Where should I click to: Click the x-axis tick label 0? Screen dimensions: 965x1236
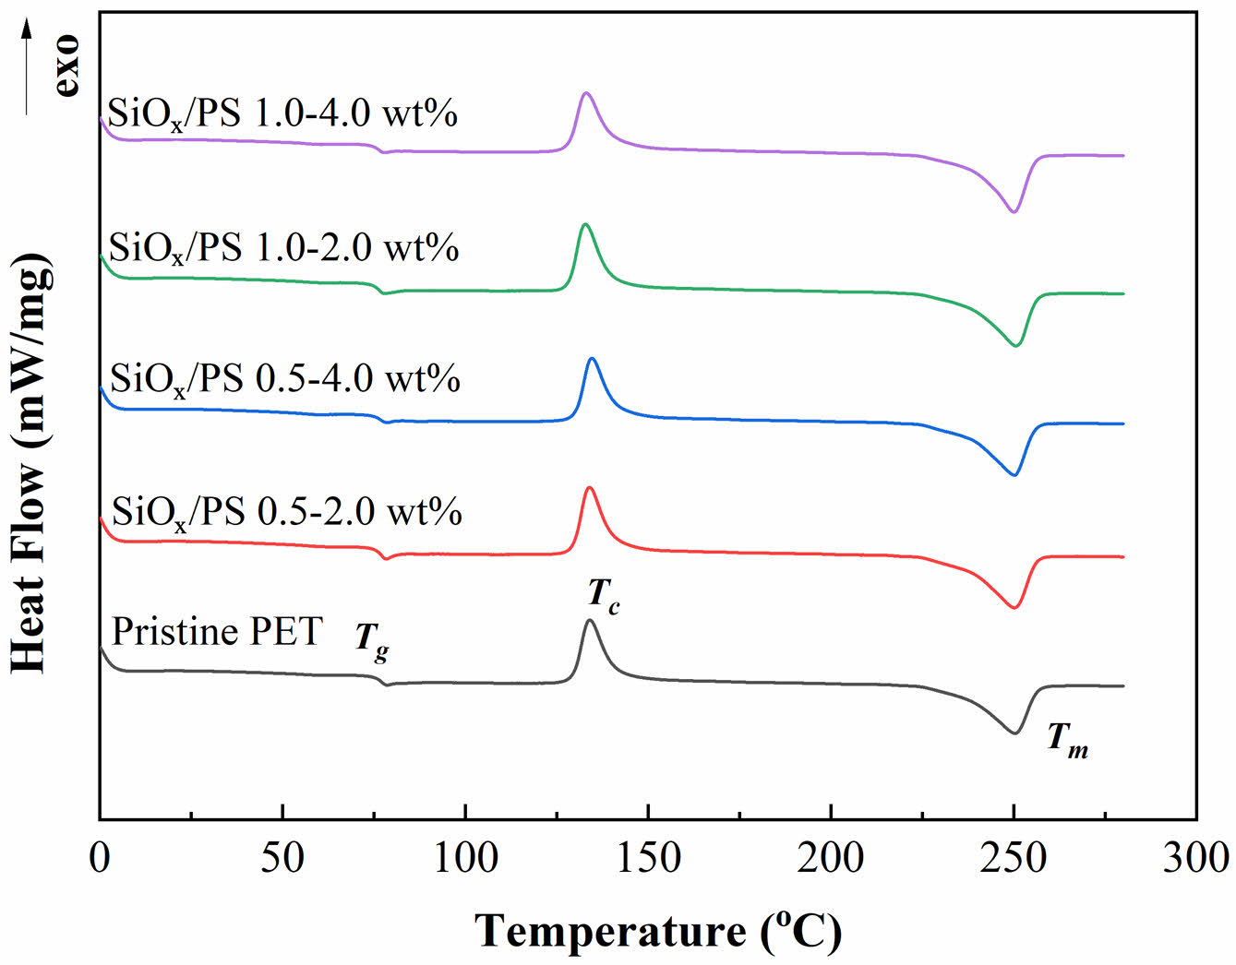(100, 858)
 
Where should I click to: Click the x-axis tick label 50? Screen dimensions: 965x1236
(282, 858)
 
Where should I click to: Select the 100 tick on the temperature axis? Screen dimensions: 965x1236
(465, 858)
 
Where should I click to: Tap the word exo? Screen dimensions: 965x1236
(66, 66)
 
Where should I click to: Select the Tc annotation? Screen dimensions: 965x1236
(604, 595)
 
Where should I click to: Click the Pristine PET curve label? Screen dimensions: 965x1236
(216, 632)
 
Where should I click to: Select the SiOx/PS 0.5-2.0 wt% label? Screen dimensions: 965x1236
(286, 512)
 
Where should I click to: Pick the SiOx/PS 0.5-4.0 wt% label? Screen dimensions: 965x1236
(284, 379)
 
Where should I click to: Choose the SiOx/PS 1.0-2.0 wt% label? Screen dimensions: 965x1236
(283, 248)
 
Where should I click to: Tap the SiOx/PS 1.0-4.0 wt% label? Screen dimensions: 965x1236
(282, 114)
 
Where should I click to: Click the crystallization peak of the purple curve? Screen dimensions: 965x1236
(585, 93)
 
